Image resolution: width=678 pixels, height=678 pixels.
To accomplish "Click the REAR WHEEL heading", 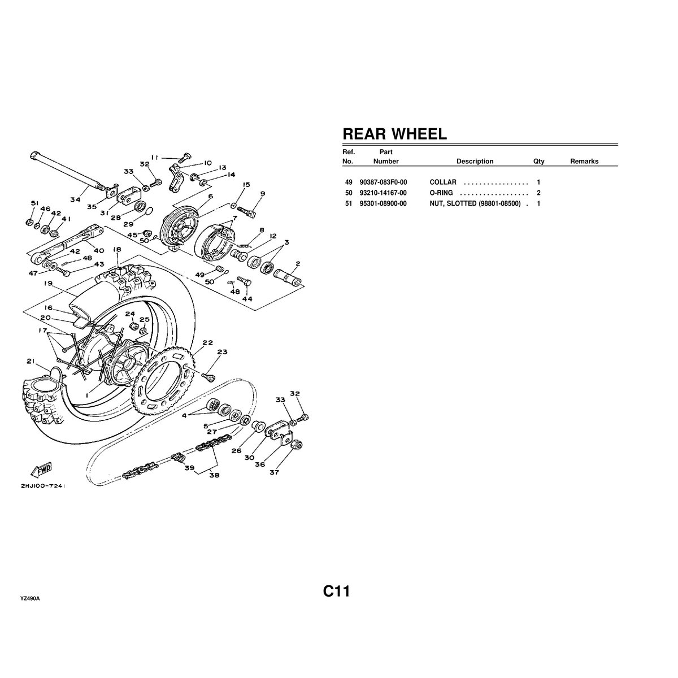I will [394, 134].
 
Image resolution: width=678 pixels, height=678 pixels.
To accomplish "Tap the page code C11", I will [337, 592].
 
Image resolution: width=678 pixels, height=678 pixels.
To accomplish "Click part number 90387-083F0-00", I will [383, 182].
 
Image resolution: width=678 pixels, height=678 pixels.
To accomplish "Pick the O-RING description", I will [441, 193].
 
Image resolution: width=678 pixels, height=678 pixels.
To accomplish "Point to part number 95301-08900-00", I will [383, 203].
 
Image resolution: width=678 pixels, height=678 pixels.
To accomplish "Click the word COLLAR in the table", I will [443, 182].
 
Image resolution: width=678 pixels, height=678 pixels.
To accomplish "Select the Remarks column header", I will [584, 162].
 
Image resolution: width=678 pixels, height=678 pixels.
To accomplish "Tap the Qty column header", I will [538, 162].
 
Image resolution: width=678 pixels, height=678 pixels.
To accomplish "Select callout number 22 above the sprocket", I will [207, 342].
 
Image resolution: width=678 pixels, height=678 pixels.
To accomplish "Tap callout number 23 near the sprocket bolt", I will [222, 352].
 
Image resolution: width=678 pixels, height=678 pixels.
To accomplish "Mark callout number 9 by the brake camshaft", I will [262, 194].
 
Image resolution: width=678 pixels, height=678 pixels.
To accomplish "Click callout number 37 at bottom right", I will [274, 472].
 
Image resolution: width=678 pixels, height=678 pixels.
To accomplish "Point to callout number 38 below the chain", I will [214, 475].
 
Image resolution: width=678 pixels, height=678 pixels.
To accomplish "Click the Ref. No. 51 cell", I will [348, 203].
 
